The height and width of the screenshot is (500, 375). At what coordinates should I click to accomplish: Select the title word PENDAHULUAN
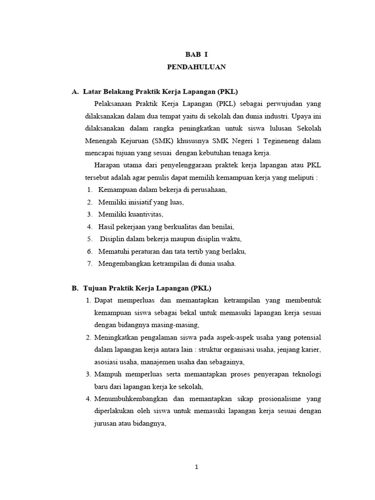[196, 67]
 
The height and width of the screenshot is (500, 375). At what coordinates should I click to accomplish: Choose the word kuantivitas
[145, 214]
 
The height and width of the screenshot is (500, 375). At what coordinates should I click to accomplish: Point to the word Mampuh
[106, 374]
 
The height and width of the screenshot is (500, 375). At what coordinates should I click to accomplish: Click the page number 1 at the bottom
[196, 467]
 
